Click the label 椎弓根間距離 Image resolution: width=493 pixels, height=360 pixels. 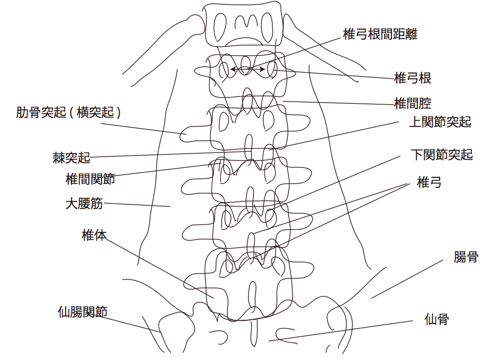(380, 35)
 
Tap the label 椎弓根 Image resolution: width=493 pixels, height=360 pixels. (413, 78)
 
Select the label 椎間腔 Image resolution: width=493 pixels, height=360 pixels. (413, 103)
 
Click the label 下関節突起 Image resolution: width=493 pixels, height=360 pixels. (441, 155)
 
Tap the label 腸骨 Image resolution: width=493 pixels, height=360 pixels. (465, 257)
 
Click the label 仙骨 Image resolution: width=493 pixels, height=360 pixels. (436, 319)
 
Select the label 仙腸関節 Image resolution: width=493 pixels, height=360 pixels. (83, 312)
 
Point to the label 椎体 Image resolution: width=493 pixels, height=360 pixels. (94, 235)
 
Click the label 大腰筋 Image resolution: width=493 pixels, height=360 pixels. (84, 203)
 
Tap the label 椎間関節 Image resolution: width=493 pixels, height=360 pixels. (90, 178)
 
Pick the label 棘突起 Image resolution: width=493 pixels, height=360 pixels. (71, 157)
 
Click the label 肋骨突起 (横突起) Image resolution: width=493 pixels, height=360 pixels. (69, 112)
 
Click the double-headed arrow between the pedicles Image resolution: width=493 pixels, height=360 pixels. (248, 69)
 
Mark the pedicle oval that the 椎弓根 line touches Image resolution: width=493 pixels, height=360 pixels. (273, 69)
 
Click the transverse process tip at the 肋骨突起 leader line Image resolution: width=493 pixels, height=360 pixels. (186, 134)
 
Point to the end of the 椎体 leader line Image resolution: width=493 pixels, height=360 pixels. (214, 298)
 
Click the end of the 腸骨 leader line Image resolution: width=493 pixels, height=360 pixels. (372, 298)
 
